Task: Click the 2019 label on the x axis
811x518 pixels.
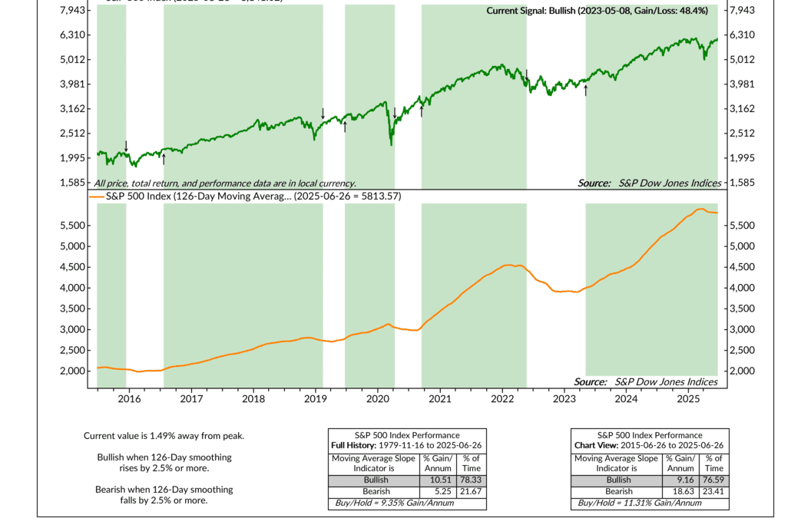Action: (316, 399)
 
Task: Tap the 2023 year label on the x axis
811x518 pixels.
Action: (564, 399)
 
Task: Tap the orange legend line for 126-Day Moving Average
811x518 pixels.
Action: (95, 196)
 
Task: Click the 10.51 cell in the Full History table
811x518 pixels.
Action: (432, 480)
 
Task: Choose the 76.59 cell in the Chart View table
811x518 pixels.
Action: (713, 480)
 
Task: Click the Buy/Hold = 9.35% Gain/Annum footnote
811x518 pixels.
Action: (391, 503)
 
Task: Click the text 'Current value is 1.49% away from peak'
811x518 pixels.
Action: (164, 436)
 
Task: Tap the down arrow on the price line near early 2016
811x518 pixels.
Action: (127, 146)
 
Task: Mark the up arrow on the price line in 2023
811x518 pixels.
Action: (586, 90)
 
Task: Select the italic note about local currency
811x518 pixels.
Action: (225, 183)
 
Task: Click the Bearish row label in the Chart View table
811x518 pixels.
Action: (617, 491)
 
